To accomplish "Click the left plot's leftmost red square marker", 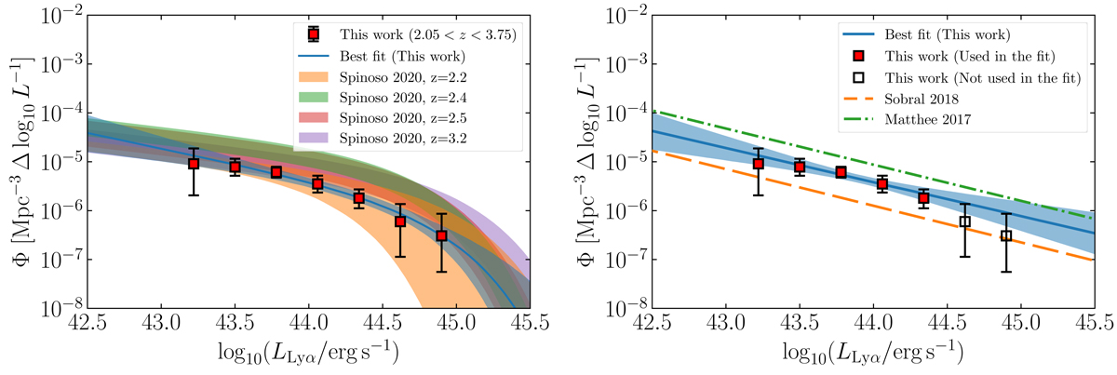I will (194, 164).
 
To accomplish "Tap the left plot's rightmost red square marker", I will (441, 235).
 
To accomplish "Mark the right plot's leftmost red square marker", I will (759, 164).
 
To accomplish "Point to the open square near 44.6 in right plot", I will (964, 221).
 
